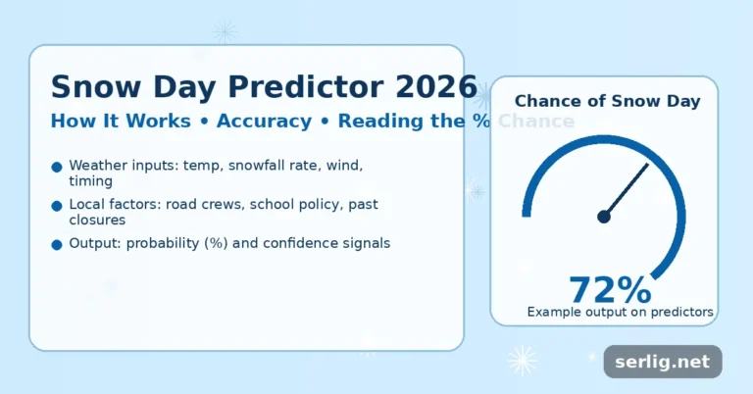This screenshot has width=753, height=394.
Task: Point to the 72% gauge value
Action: click(x=610, y=289)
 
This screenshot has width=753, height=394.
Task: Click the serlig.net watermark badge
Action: click(x=662, y=362)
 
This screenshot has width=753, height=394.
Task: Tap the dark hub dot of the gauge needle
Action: click(x=604, y=217)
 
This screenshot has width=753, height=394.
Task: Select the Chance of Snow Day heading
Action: click(x=607, y=101)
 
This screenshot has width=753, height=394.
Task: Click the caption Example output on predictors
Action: click(x=620, y=312)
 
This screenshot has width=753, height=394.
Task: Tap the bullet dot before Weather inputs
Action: click(x=57, y=167)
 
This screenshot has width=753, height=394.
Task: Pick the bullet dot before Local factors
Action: click(x=57, y=205)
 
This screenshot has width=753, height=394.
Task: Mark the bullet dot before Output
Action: click(x=57, y=243)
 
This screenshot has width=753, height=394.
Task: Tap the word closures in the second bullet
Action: click(x=96, y=220)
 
